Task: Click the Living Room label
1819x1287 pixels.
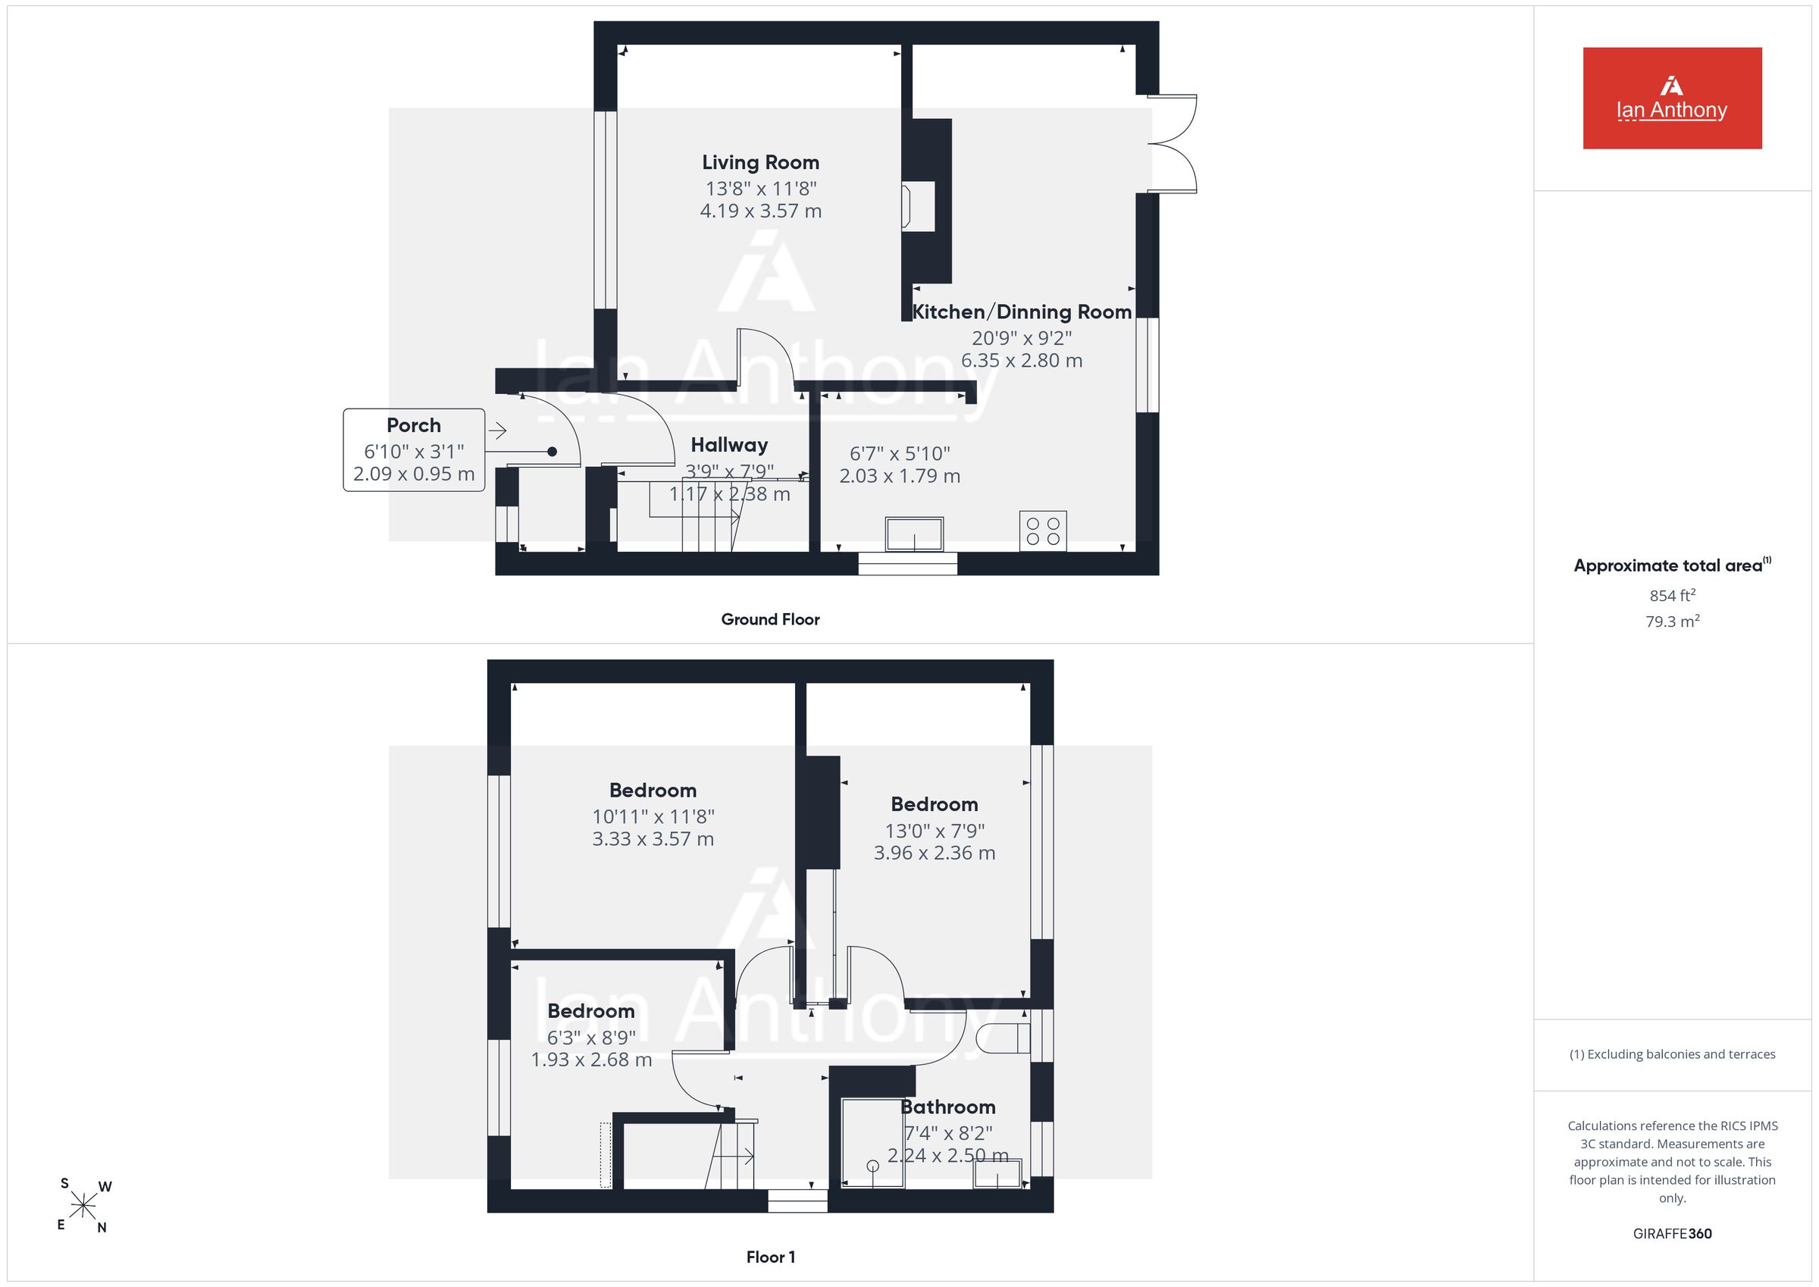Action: (760, 162)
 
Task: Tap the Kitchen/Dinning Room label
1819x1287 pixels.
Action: (1021, 312)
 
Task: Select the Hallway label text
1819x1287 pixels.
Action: (729, 445)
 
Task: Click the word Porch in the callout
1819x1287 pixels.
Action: (414, 425)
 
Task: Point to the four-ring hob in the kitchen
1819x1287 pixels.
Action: (1044, 531)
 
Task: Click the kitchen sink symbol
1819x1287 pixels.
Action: (914, 534)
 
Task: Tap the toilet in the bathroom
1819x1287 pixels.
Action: (1003, 1038)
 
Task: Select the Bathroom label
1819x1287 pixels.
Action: (947, 1107)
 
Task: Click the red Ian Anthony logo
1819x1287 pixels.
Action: (1673, 99)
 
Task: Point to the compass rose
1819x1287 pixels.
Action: (83, 1206)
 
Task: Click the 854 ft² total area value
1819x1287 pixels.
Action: (1673, 595)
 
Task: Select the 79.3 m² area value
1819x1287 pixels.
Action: (1673, 622)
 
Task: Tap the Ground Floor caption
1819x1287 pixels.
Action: (770, 620)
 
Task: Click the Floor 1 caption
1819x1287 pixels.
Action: (770, 1257)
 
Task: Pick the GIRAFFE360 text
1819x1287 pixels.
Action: (1673, 1234)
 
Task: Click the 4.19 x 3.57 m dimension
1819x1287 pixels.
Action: (760, 211)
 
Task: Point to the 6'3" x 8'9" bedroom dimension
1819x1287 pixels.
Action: (591, 1038)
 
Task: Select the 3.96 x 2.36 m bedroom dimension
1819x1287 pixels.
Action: (934, 853)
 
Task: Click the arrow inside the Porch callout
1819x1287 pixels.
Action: (497, 431)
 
